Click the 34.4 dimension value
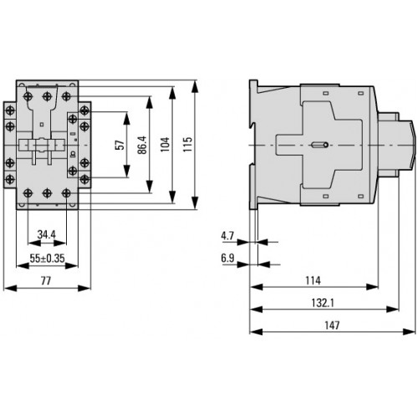pos(47,235)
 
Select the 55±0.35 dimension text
pos(47,258)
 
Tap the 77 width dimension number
pos(46,281)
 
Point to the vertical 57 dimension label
pos(120,145)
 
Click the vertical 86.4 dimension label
pos(142,145)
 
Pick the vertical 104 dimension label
pos(165,145)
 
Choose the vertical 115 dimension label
pos(187,145)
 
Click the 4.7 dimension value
pos(227,236)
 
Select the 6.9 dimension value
pos(227,258)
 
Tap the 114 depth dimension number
pos(313,280)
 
